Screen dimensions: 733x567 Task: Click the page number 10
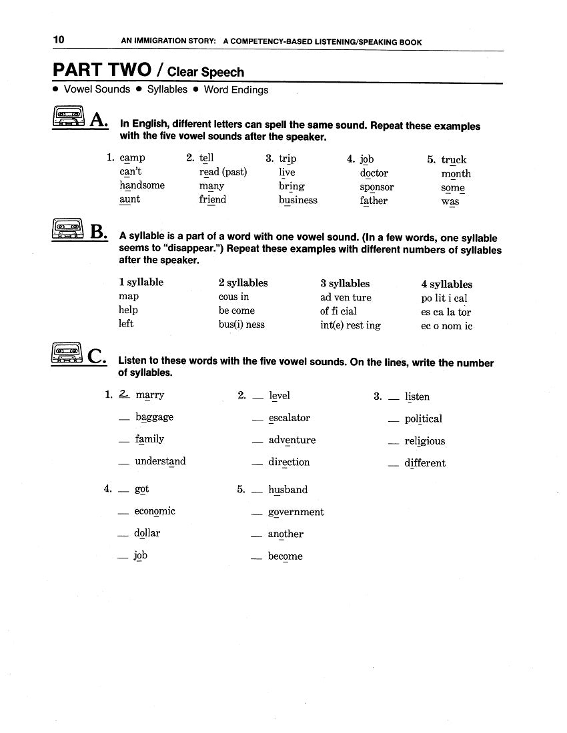59,41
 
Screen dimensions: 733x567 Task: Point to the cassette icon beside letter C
66,353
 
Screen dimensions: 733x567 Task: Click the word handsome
142,185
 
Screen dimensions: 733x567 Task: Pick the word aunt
130,199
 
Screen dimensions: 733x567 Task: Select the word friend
213,199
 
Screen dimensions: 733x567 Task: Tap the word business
298,200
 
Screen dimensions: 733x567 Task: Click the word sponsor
377,187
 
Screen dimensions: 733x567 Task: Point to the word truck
454,160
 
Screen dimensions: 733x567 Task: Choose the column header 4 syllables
446,285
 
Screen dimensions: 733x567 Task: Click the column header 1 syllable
141,283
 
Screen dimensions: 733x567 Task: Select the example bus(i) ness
241,325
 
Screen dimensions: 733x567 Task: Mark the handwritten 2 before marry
124,394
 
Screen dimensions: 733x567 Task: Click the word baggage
154,417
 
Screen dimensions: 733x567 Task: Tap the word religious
424,441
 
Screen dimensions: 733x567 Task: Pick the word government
296,512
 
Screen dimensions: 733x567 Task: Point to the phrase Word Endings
236,90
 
